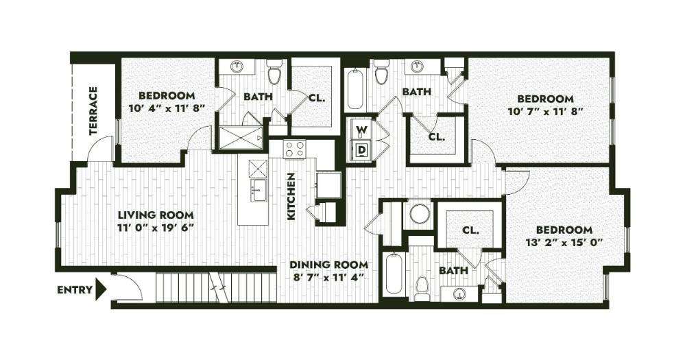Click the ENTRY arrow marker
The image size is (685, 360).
coord(101,289)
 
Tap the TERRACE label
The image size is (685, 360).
coord(93,112)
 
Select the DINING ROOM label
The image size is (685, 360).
coord(328,265)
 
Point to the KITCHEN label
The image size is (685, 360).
coord(291,195)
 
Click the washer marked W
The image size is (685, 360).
coord(361,129)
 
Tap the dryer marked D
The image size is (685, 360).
coord(361,149)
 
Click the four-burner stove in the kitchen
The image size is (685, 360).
coord(295,149)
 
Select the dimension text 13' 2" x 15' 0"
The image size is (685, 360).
coord(564,242)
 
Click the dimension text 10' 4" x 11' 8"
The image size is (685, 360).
coord(166,108)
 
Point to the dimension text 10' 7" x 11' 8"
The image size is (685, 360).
coord(545,111)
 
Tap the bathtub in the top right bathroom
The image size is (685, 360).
coord(354,89)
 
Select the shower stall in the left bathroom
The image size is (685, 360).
coord(240,138)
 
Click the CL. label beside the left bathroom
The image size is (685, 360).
coord(316,98)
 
